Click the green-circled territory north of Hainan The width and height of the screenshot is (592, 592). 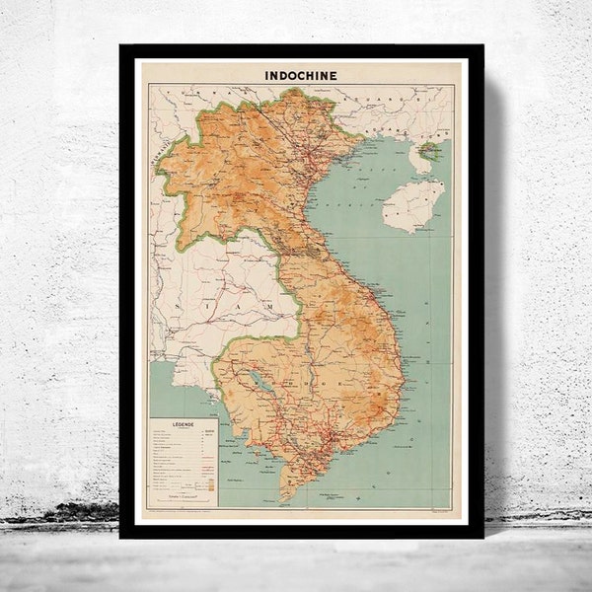[x=428, y=151]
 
